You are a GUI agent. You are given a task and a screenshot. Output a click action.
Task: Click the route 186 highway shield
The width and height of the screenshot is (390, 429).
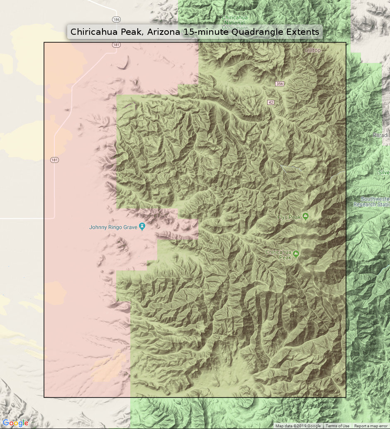pyautogui.click(x=116, y=19)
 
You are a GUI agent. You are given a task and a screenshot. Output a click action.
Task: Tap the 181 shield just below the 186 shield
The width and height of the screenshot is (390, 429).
pyautogui.click(x=116, y=45)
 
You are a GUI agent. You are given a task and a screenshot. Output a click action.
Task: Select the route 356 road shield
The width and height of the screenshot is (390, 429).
pyautogui.click(x=280, y=84)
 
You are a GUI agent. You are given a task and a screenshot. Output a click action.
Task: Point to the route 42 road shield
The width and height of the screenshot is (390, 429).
pyautogui.click(x=271, y=102)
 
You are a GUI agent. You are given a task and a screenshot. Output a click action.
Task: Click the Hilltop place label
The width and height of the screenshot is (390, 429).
pyautogui.click(x=313, y=50)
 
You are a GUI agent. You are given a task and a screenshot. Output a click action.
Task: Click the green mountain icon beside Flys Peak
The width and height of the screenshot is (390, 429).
pyautogui.click(x=306, y=216)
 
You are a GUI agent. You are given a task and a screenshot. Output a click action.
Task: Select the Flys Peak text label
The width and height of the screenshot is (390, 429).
pyautogui.click(x=289, y=216)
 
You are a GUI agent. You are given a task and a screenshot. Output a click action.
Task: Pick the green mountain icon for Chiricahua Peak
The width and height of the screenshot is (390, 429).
pyautogui.click(x=296, y=253)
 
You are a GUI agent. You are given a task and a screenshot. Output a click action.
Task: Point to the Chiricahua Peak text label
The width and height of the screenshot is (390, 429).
pyautogui.click(x=279, y=254)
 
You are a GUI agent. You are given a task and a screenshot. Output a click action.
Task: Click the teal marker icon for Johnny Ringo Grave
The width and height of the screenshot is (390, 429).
pyautogui.click(x=142, y=226)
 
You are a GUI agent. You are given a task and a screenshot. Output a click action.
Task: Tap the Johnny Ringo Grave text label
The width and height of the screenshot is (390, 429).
pyautogui.click(x=114, y=227)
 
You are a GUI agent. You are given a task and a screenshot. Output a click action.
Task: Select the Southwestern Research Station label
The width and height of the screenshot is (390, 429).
pyautogui.click(x=372, y=202)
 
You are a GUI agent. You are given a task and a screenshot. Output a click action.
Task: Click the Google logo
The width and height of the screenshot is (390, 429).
pyautogui.click(x=15, y=423)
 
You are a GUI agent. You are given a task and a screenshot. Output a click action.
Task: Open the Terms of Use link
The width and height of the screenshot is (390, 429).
pyautogui.click(x=337, y=426)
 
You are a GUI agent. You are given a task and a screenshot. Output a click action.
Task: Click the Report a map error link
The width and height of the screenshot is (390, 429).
pyautogui.click(x=371, y=426)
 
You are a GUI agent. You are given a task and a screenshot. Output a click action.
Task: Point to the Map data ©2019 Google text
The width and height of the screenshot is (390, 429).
pyautogui.click(x=298, y=426)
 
